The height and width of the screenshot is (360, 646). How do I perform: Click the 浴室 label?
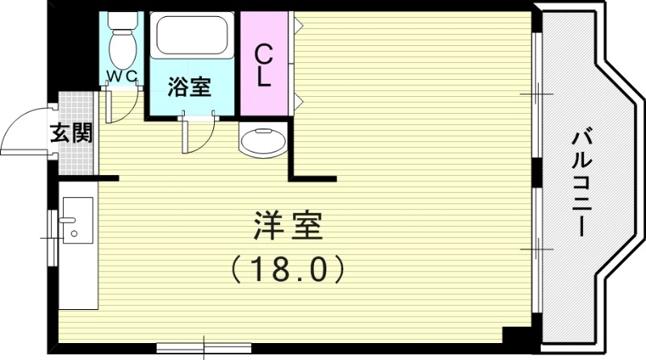[191, 86]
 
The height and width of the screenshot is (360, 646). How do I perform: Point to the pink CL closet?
[264, 65]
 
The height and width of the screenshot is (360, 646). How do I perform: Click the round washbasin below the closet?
[263, 143]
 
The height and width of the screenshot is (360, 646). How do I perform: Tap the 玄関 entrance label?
[70, 132]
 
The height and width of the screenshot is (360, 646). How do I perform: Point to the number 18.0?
[287, 269]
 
